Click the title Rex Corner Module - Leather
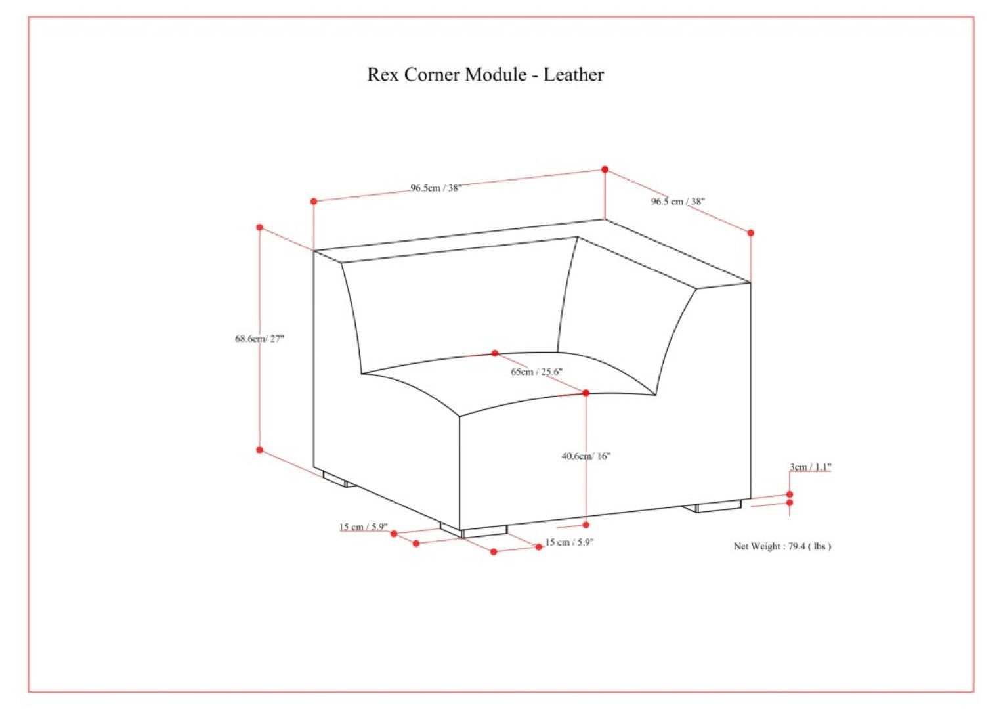(x=485, y=75)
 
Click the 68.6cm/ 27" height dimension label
(x=260, y=339)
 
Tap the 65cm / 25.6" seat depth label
(x=537, y=372)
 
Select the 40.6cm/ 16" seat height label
(x=586, y=456)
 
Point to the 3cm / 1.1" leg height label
(x=811, y=467)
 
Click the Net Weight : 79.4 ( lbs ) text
(x=782, y=546)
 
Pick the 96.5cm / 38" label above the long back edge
(x=436, y=188)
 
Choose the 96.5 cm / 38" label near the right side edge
(x=678, y=201)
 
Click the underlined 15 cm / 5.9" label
(x=364, y=526)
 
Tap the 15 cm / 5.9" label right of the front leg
(x=570, y=542)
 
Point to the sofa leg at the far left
(x=339, y=479)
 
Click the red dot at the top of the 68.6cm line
(x=260, y=228)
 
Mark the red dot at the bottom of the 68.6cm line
(x=260, y=450)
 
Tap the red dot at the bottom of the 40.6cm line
(x=586, y=525)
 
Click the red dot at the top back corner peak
(x=605, y=169)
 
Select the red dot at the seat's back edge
(x=495, y=353)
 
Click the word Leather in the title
(x=574, y=75)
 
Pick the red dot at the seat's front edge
(x=586, y=393)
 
